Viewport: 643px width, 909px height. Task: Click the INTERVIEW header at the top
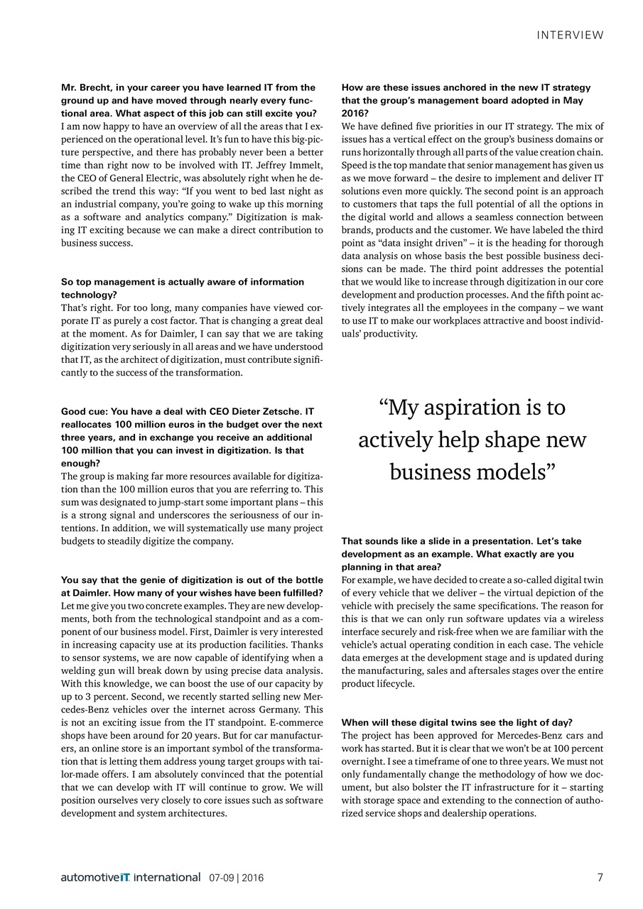[570, 35]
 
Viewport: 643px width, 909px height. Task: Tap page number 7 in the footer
[600, 877]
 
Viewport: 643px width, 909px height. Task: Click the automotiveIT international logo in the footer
[131, 877]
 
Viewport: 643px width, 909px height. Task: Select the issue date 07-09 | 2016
[236, 878]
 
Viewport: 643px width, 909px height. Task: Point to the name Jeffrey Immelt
[292, 165]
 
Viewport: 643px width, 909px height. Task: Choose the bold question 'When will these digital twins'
[457, 722]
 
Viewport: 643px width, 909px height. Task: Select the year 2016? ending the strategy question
[355, 114]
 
